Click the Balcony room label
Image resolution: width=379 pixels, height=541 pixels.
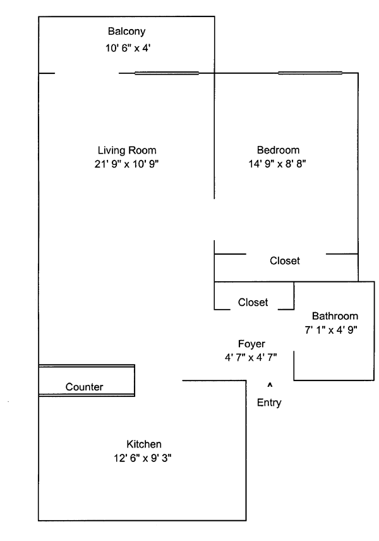point(126,31)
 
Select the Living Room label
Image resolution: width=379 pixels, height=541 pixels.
point(126,150)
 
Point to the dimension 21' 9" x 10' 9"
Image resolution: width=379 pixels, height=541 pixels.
point(126,164)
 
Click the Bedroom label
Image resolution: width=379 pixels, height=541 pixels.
point(278,150)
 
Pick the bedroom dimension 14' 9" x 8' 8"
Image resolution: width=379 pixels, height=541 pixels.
point(278,164)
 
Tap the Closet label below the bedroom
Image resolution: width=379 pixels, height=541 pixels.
point(284,260)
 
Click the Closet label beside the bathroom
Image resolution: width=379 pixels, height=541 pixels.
point(253,303)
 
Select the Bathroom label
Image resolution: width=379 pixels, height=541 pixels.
point(335,316)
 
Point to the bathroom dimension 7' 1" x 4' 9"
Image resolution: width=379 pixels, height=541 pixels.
point(332,329)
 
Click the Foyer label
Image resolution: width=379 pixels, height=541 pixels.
point(251,344)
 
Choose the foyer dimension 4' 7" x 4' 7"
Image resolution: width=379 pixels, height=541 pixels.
point(251,357)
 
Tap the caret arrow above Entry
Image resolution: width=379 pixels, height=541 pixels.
point(270,384)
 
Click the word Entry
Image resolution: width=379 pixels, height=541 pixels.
point(269,403)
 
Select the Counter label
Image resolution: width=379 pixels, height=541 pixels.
point(84,387)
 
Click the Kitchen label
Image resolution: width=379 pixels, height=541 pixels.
point(144,444)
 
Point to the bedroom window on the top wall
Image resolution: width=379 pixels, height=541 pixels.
point(310,73)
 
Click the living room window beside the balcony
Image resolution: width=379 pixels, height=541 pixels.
point(167,73)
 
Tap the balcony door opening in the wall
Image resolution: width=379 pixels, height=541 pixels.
point(87,73)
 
